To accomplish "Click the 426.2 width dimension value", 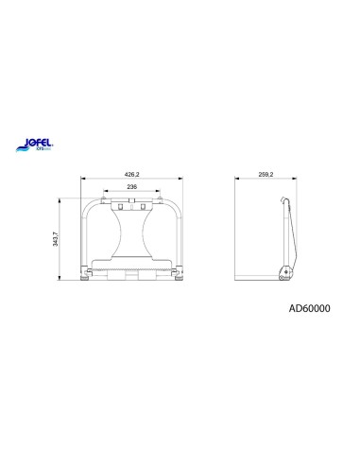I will tap(133, 173).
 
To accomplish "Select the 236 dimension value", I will tap(133, 187).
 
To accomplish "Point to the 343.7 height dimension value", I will tap(63, 237).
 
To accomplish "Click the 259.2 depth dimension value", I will tap(265, 173).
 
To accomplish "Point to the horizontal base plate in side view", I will tap(260, 278).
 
